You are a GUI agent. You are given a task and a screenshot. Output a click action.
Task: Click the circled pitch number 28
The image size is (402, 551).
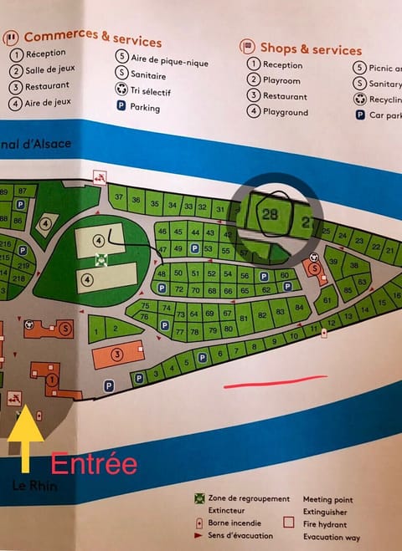tap(271, 215)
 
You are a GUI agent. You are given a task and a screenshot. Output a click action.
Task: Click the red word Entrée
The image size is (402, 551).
tap(94, 463)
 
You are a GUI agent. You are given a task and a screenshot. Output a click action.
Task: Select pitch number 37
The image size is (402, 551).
tap(119, 198)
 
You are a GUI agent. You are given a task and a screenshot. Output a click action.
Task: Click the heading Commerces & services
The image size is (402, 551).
tap(92, 38)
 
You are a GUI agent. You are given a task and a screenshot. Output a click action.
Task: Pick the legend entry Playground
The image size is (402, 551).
tap(286, 112)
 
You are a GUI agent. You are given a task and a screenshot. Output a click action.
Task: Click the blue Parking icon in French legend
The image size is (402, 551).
tap(122, 107)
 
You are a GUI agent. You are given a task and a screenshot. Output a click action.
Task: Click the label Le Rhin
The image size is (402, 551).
tap(34, 486)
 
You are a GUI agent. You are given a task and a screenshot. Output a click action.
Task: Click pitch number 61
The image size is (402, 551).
tap(326, 300)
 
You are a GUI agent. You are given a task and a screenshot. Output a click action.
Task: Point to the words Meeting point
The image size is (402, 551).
tap(327, 499)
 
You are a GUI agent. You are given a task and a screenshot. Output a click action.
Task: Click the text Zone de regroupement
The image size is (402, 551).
tap(252, 498)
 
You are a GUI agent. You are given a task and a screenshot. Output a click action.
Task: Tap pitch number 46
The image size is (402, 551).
tap(162, 231)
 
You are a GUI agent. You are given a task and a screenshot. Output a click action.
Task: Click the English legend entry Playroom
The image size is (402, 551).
tap(282, 80)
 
